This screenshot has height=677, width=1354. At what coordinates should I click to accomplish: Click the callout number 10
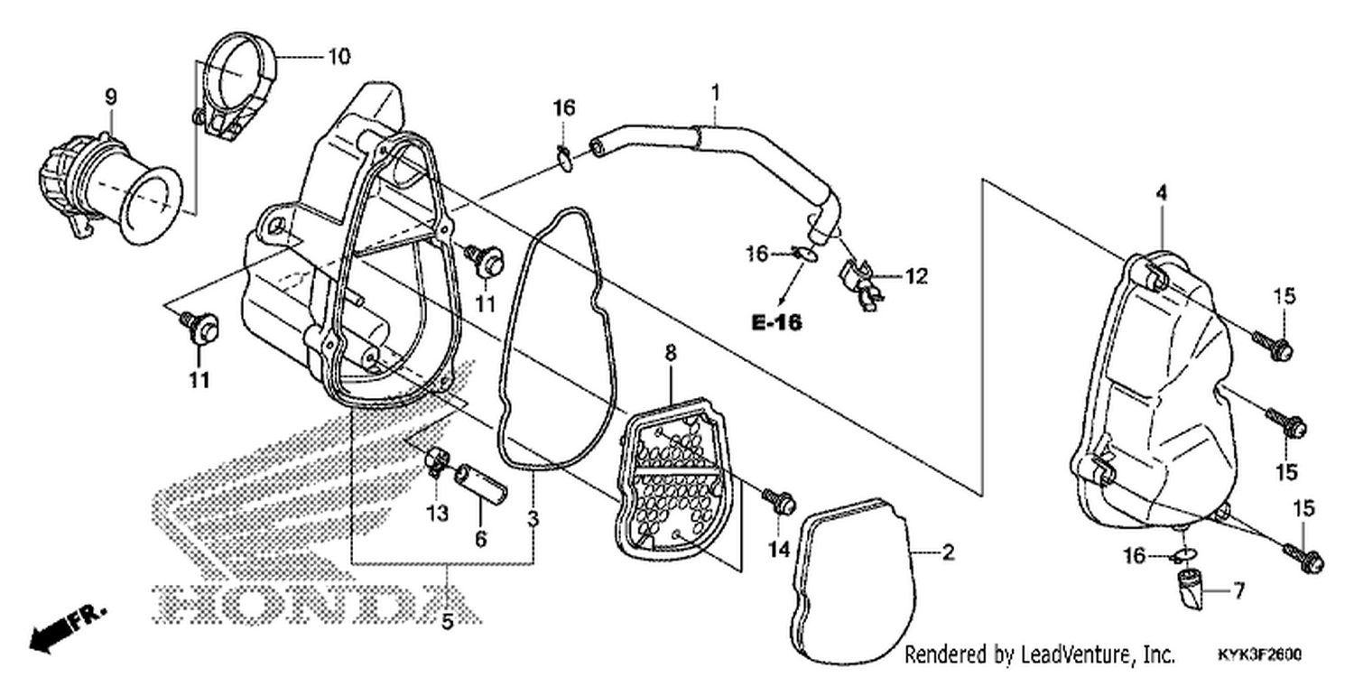click(339, 57)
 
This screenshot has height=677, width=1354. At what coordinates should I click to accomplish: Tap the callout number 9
click(111, 97)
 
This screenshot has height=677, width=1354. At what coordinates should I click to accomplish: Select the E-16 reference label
click(776, 322)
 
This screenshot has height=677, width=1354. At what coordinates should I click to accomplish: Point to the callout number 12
click(916, 277)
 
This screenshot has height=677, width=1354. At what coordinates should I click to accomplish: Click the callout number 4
click(1161, 193)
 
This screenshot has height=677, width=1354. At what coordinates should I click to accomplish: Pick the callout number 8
click(671, 353)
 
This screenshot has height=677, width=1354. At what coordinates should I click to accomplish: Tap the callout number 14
click(779, 550)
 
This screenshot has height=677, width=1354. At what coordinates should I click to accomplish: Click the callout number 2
click(948, 552)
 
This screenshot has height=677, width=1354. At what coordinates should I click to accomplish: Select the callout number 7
click(1238, 590)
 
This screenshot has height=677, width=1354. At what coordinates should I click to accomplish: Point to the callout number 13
click(438, 514)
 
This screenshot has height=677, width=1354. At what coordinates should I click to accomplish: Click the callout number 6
click(480, 539)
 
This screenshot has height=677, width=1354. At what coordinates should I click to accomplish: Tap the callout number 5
click(447, 621)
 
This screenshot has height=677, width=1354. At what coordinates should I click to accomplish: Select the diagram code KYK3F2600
click(1261, 655)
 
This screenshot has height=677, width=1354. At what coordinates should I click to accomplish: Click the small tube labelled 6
click(481, 484)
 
